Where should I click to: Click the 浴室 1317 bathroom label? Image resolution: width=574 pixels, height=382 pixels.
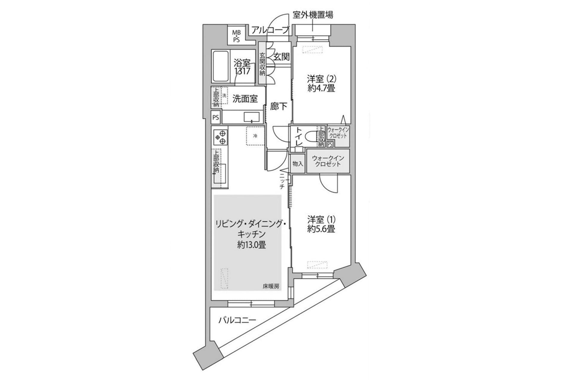242,67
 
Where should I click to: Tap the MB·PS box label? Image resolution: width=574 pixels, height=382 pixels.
236,36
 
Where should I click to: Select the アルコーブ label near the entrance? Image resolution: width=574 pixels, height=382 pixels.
270,30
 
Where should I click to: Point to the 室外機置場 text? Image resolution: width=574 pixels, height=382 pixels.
313,15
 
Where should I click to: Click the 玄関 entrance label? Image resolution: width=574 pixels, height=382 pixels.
282,57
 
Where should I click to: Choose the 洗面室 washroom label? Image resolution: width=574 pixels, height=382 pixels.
245,99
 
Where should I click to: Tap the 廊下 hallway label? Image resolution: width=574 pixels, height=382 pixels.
279,107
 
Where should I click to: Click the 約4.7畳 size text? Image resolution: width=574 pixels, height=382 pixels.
321,88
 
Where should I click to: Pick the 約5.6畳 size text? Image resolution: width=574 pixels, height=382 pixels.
321,229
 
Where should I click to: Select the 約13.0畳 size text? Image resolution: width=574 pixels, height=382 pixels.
251,245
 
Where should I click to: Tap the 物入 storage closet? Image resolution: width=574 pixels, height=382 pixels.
297,164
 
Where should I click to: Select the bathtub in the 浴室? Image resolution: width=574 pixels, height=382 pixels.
221,66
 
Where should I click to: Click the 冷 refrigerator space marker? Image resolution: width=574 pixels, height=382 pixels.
255,136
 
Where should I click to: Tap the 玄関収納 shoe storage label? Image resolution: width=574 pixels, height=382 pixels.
262,64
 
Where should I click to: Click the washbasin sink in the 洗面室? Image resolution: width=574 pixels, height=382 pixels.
251,117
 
